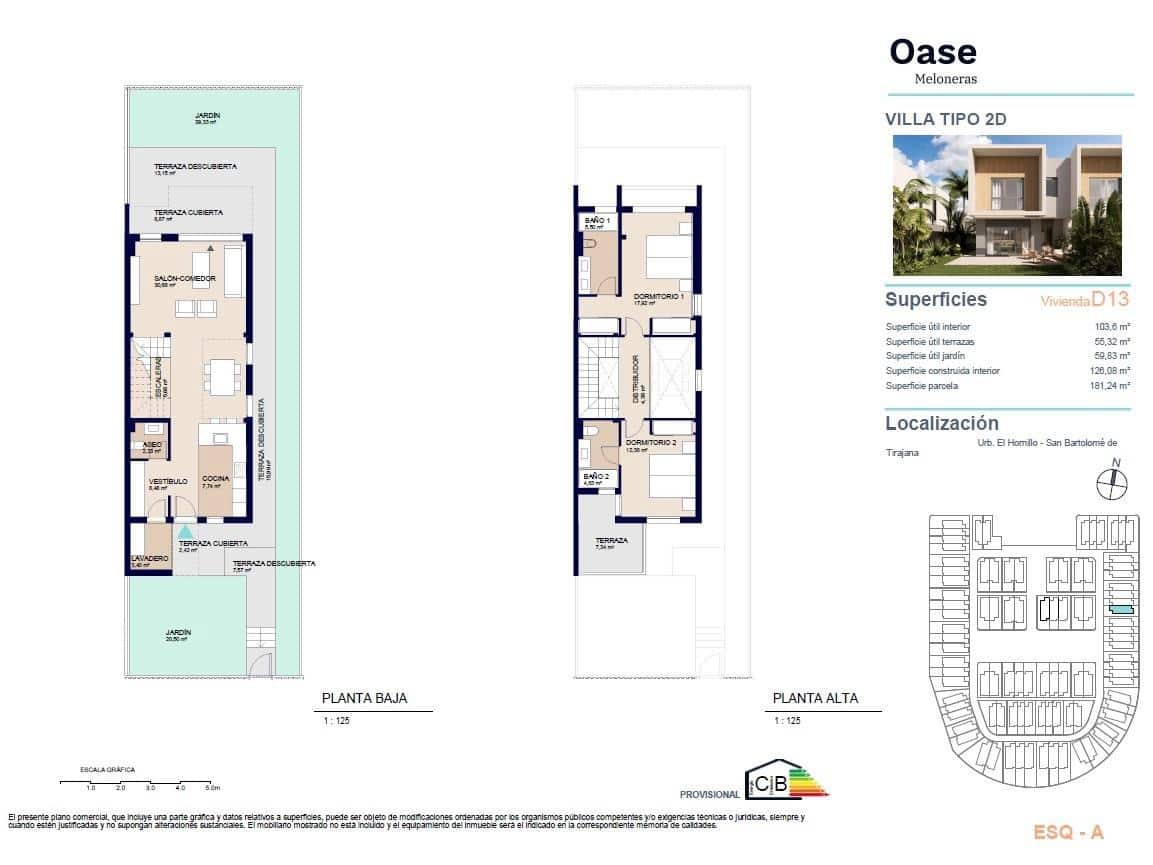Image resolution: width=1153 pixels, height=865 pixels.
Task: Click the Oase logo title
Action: click(932, 51)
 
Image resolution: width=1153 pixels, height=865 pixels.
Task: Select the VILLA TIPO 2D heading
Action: click(945, 119)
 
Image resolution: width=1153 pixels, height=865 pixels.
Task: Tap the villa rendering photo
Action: click(1006, 205)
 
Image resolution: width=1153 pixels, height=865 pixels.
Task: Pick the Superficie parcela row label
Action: click(921, 385)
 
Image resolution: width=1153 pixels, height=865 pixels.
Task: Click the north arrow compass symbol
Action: click(1111, 482)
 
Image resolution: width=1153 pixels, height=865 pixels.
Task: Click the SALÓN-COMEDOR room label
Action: click(184, 278)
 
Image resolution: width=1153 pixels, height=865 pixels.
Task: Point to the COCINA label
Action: click(215, 478)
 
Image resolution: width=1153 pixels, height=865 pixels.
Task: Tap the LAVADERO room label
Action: click(146, 559)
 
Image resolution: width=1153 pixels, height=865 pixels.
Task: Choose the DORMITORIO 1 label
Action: click(657, 296)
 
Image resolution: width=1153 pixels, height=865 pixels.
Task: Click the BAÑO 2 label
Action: click(595, 476)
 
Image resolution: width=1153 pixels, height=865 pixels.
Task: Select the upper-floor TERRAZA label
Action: click(611, 540)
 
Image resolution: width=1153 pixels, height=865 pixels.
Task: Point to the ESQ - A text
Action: click(1068, 831)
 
